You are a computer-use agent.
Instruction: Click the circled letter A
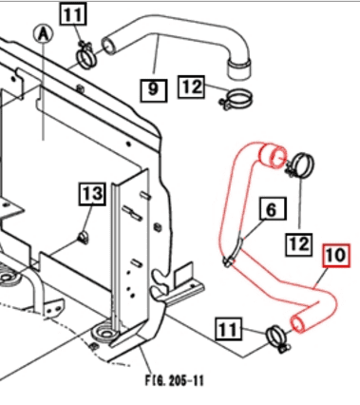[41, 34]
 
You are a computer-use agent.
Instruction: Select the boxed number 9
[154, 90]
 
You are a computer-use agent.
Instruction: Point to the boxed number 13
[91, 195]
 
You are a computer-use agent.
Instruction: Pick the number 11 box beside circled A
[73, 13]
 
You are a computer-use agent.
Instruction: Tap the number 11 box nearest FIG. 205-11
[228, 330]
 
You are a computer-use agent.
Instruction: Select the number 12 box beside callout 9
[192, 87]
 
